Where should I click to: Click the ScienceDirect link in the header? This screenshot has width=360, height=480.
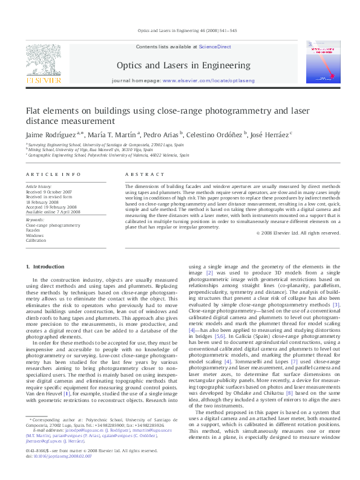216,47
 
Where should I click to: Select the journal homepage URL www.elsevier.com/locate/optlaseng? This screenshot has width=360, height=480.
209,80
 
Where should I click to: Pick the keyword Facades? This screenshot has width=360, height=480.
33,230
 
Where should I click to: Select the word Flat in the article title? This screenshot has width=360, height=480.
33,111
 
